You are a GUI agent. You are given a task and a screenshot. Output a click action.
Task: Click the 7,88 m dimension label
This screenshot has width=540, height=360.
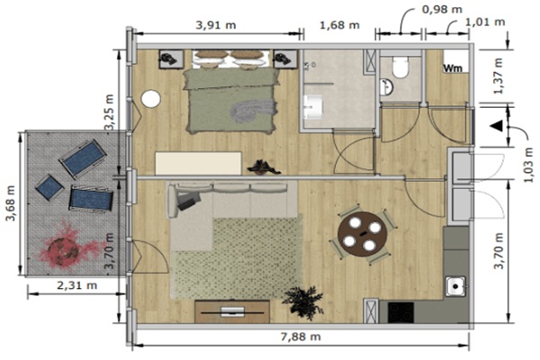point(301,337)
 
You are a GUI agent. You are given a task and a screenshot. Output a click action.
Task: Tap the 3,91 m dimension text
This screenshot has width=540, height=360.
point(216,25)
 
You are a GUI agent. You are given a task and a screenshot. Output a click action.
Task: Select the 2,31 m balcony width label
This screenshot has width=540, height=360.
point(76,285)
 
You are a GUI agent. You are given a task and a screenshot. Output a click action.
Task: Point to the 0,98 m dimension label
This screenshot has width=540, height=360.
point(442,9)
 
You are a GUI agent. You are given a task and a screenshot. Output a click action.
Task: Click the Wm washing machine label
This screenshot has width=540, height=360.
point(453,68)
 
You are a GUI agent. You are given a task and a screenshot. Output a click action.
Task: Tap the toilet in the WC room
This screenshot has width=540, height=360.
point(400,67)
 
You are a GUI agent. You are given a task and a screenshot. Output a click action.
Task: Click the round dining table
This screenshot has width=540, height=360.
point(363,234)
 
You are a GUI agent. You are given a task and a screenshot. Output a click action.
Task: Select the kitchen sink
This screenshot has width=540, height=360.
point(455,286)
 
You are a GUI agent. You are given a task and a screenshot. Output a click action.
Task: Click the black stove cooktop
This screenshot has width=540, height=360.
point(400,313)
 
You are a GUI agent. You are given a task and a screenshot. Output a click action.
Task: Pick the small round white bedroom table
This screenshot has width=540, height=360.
point(151,99)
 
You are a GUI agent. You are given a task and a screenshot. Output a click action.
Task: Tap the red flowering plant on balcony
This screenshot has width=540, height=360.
point(66,247)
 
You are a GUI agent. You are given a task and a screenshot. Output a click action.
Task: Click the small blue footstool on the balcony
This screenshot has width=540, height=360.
point(49,187)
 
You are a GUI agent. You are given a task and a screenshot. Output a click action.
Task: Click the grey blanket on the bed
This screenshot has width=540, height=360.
point(254,110)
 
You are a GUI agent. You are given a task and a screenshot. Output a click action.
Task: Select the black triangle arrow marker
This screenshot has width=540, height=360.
point(496,125)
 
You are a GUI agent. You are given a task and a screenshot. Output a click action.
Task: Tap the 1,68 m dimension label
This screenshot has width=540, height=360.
point(339,25)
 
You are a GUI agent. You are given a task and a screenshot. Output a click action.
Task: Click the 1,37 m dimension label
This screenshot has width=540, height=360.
point(498,76)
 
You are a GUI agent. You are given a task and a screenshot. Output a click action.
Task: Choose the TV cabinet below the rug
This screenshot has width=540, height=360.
point(232,311)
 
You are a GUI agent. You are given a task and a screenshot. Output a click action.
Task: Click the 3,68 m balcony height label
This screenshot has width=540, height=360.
point(11,203)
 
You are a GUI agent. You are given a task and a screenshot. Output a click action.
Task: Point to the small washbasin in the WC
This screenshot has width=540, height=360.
point(386,86)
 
